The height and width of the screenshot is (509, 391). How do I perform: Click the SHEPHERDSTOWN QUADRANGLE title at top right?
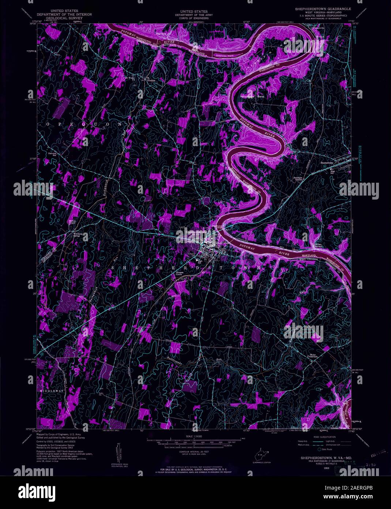tap(320, 8)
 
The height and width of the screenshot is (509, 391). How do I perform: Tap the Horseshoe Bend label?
tap(252, 97)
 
